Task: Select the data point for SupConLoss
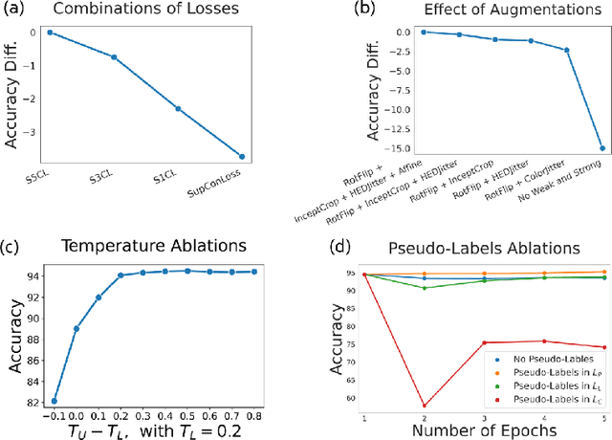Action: pos(242,156)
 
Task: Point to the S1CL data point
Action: pos(178,109)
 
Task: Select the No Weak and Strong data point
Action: pos(601,148)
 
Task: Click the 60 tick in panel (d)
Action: pos(356,398)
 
